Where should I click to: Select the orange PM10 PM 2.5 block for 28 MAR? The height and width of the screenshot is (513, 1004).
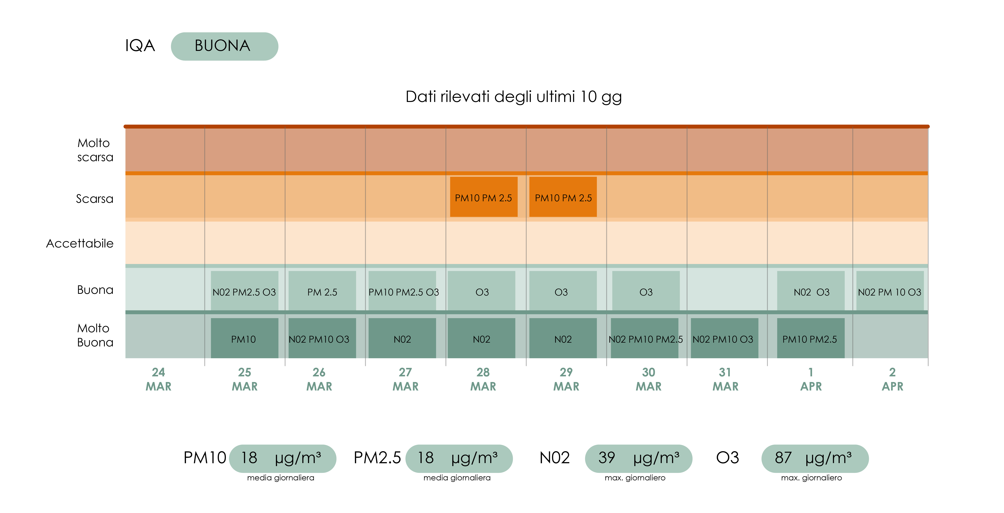click(x=483, y=197)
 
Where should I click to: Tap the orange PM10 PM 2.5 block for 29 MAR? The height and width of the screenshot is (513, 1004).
click(x=563, y=197)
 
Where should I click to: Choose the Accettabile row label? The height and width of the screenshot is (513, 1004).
click(x=80, y=243)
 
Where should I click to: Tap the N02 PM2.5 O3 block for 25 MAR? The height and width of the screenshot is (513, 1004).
click(x=244, y=291)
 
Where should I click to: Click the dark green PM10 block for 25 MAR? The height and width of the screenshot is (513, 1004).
click(x=244, y=338)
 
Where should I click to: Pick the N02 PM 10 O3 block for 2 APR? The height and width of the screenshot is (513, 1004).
click(x=889, y=291)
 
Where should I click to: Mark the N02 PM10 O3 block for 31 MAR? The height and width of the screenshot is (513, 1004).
click(x=724, y=338)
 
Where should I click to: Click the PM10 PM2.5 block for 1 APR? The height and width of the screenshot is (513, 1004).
click(x=810, y=338)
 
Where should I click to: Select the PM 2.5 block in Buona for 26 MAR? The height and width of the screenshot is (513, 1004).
click(x=322, y=291)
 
